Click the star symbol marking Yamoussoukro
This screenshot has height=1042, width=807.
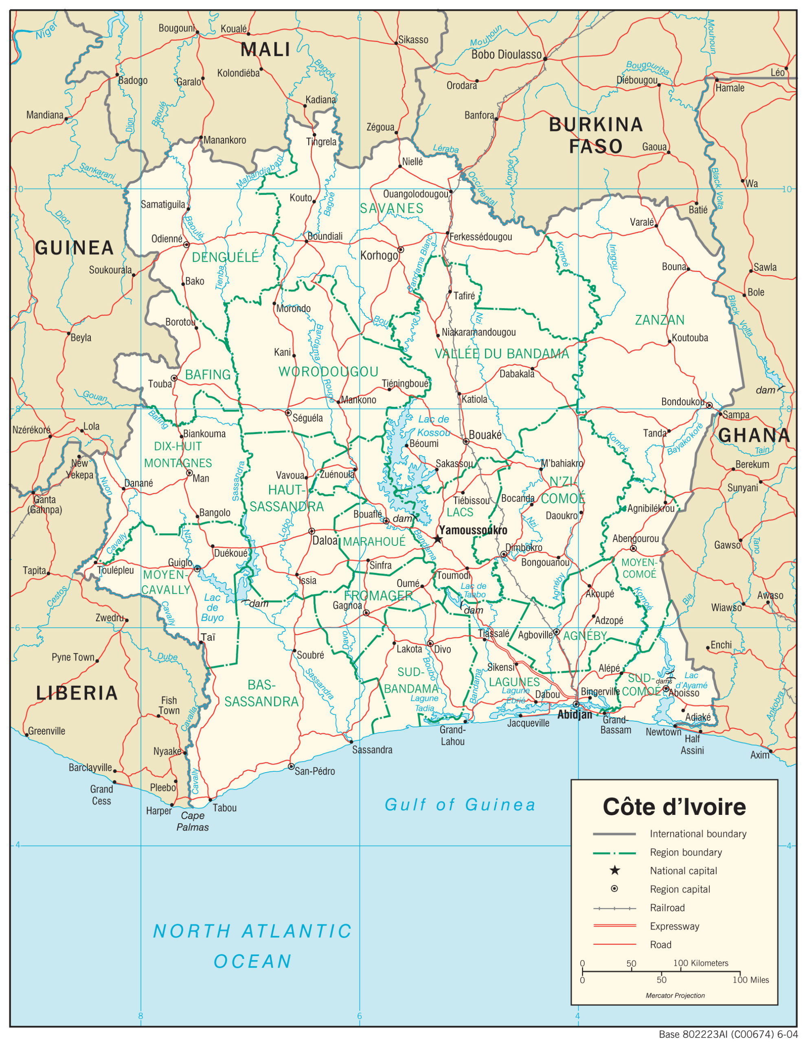point(438,539)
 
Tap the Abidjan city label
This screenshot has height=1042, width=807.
point(575,714)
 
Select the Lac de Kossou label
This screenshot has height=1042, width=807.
point(433,426)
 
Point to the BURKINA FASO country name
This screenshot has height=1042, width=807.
point(596,135)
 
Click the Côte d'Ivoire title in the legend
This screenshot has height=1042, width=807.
point(674,807)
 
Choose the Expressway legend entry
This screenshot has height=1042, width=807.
point(674,926)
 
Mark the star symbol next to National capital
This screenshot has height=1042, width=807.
point(615,871)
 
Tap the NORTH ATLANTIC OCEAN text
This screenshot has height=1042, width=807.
point(252,946)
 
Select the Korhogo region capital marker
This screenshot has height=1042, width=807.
point(401,250)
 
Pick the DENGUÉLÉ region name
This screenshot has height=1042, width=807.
point(225,258)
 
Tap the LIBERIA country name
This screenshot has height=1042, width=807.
point(77,693)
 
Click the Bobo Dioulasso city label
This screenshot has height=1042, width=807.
point(507,55)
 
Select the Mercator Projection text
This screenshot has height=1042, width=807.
point(675,995)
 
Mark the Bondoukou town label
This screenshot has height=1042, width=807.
point(682,402)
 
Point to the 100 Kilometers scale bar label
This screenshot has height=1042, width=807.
point(701,963)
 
